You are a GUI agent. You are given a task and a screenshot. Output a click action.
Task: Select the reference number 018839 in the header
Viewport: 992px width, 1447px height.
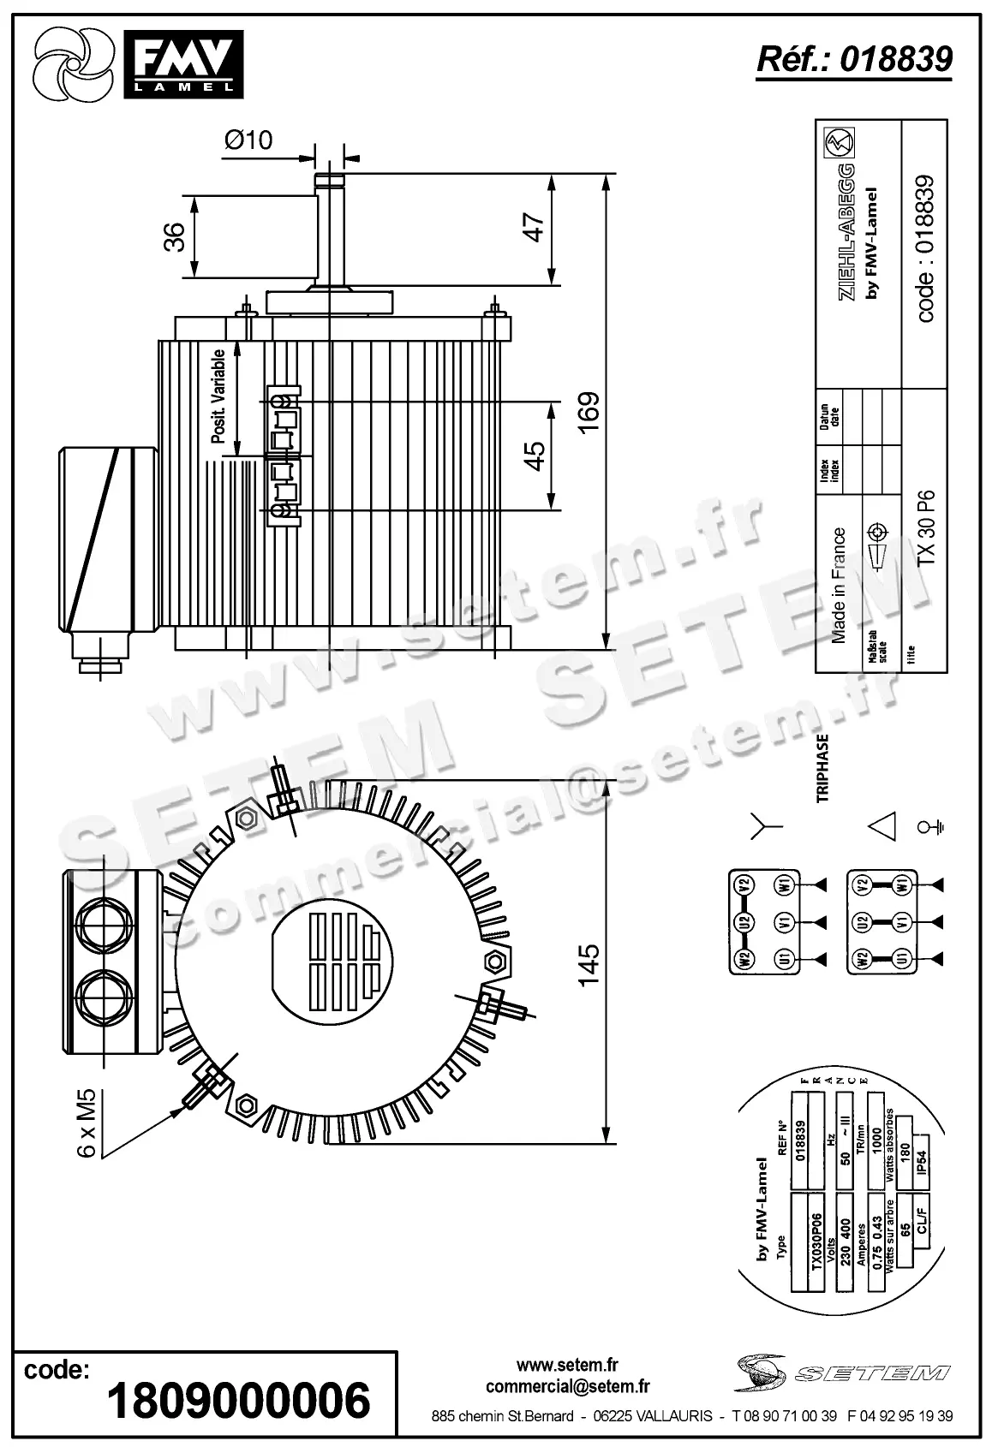pyautogui.click(x=853, y=59)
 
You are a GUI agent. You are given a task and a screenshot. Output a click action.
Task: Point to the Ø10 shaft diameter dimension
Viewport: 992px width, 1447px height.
pyautogui.click(x=248, y=140)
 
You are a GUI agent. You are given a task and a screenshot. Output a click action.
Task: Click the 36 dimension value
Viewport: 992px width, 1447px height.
pyautogui.click(x=175, y=237)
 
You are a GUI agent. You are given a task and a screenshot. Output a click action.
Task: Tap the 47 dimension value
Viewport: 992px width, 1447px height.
pyautogui.click(x=535, y=227)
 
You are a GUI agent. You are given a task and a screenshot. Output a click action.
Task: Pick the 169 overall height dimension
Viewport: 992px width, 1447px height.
pyautogui.click(x=589, y=413)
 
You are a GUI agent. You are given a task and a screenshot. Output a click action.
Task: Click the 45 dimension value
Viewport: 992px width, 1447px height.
pyautogui.click(x=535, y=455)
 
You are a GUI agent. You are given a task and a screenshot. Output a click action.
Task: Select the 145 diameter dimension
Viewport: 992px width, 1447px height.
pyautogui.click(x=589, y=965)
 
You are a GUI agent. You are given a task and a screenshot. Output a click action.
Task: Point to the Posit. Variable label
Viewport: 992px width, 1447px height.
pyautogui.click(x=218, y=396)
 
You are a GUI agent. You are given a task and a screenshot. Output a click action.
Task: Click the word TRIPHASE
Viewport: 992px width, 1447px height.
pyautogui.click(x=823, y=767)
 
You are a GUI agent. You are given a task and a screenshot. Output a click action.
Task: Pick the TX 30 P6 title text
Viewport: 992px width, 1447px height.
pyautogui.click(x=926, y=527)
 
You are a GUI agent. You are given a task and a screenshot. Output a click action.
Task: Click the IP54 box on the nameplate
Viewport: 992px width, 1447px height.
pyautogui.click(x=923, y=1160)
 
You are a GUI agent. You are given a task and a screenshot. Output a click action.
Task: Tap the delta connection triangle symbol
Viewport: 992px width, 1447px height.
pyautogui.click(x=882, y=826)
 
